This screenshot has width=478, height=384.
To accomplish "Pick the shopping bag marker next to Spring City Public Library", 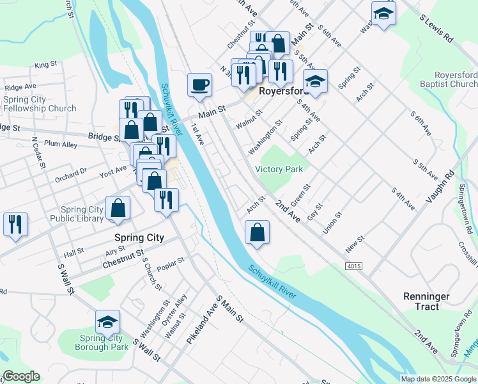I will (x=118, y=208).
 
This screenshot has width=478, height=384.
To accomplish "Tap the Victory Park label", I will (x=279, y=170).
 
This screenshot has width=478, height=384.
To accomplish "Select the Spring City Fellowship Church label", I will (x=40, y=104).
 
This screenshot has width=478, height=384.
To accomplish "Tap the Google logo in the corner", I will (x=21, y=376).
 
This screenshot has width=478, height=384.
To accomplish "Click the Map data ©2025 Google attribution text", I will (x=438, y=379).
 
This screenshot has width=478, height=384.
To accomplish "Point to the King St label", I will (x=46, y=65).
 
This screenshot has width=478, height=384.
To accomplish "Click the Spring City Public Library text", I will (x=81, y=214).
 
